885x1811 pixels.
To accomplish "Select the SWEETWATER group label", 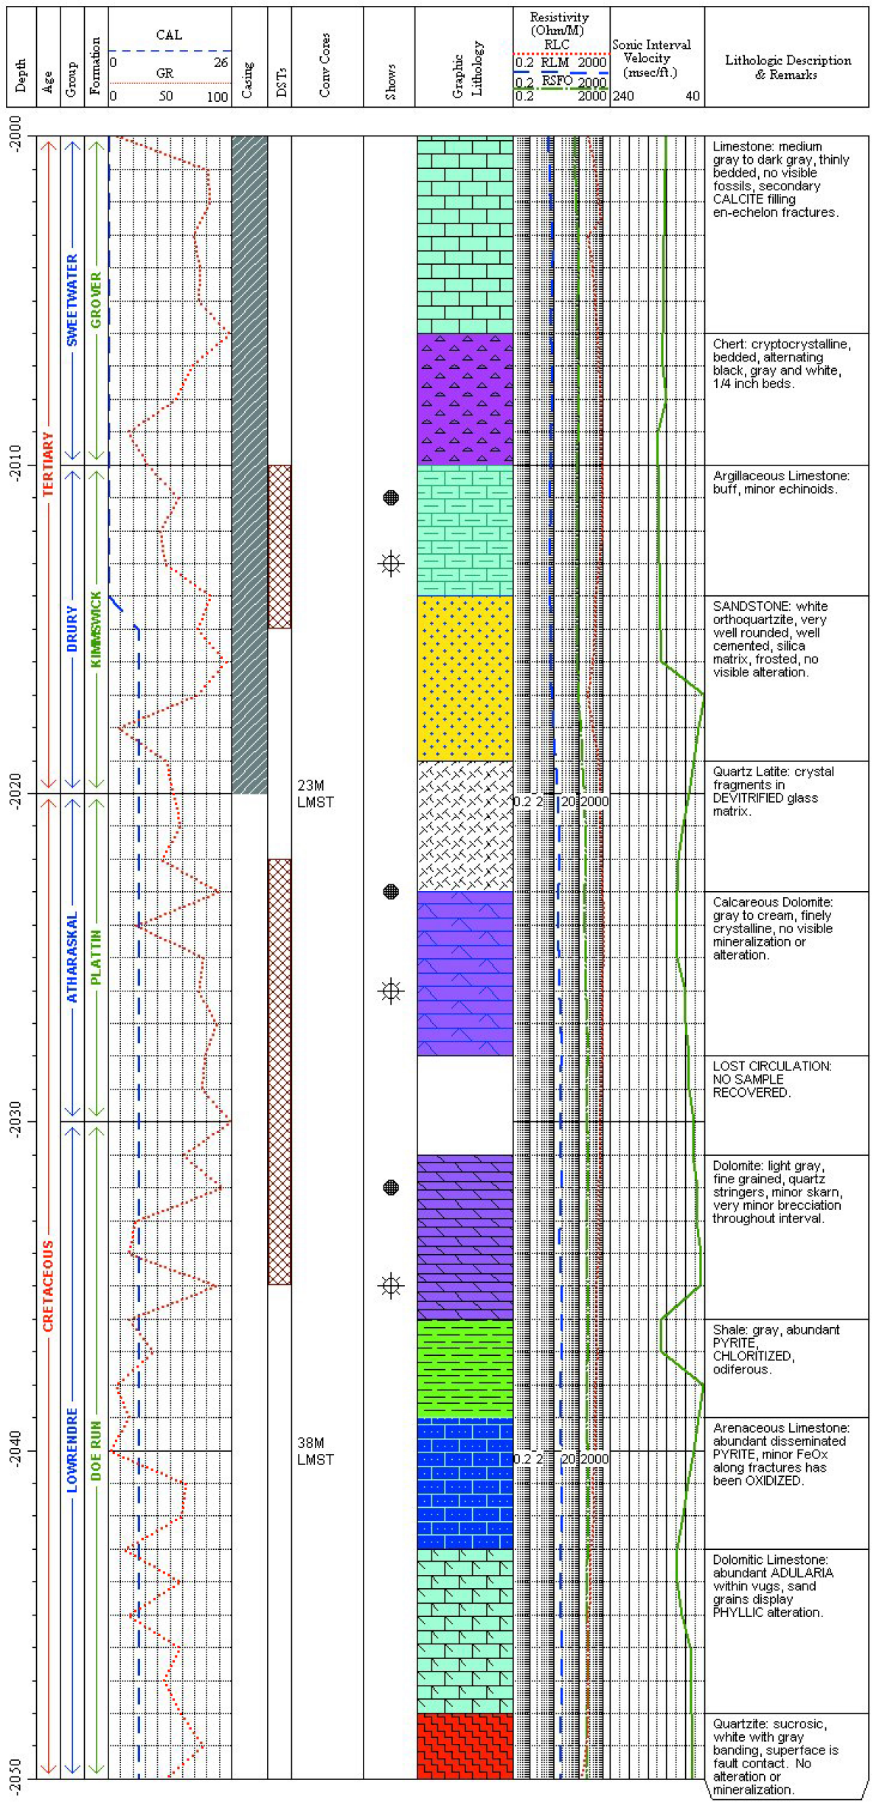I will pos(72,300).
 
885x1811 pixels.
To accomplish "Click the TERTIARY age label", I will pos(48,464).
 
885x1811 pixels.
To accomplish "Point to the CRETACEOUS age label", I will pos(48,1286).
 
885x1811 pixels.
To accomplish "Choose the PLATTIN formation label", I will pos(96,957).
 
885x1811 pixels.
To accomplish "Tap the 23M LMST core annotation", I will pos(315,794).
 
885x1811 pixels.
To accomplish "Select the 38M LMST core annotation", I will pos(315,1451).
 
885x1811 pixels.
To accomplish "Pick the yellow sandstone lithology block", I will pos(465,678).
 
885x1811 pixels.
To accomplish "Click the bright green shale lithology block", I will pos(465,1369).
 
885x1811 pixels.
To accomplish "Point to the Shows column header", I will pos(390,81).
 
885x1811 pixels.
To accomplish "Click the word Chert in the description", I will pos(727,344).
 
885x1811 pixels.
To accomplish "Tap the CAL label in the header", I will pos(169,35).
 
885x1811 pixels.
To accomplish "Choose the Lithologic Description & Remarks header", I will pos(787,67).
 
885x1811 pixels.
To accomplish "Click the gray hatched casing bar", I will pos(249,465).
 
